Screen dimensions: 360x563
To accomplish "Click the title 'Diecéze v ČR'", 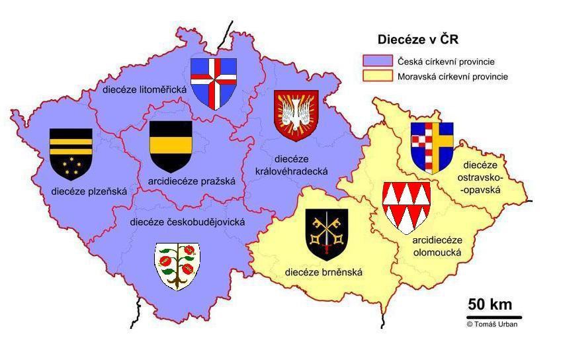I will click(x=417, y=40).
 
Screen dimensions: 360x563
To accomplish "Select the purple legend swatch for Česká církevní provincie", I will click(x=378, y=62).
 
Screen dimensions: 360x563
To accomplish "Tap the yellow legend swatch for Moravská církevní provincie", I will click(x=378, y=77).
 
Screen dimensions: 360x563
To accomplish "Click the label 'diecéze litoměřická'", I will click(x=144, y=89).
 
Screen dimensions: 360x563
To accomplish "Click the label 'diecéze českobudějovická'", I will click(x=187, y=222).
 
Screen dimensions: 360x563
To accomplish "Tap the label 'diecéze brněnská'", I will click(x=324, y=272).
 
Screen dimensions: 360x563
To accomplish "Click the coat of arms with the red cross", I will click(x=213, y=82).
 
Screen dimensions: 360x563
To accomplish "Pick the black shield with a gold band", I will click(x=171, y=146).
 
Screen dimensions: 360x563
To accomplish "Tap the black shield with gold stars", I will click(x=71, y=154).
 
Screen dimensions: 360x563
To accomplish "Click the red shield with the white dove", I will click(x=296, y=116).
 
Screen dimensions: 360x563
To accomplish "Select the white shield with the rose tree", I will click(x=177, y=265).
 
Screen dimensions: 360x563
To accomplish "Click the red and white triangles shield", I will click(x=406, y=206).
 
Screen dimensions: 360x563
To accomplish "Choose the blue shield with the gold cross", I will click(x=431, y=146).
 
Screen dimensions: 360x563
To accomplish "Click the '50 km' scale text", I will click(x=490, y=305).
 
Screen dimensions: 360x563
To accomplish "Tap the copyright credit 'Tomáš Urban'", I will click(x=493, y=324).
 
